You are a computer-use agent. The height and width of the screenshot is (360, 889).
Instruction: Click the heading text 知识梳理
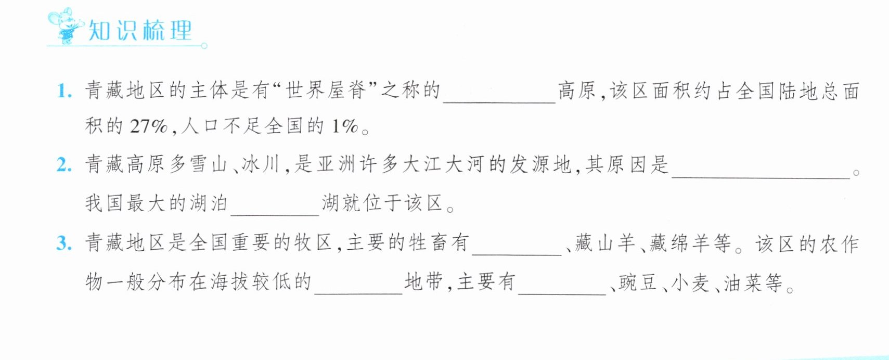point(140,30)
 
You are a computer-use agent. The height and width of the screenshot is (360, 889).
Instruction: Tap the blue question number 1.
point(64,91)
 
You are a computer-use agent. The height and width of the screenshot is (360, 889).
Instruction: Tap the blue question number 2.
point(64,165)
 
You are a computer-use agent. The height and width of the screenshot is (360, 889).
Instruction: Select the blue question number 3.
point(64,243)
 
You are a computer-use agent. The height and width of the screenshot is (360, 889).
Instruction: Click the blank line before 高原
point(499,102)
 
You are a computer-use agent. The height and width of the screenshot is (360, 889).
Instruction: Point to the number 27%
point(148,126)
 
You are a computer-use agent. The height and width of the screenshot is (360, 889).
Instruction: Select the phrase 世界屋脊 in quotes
point(326,90)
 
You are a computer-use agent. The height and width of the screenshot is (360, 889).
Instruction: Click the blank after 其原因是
point(761,177)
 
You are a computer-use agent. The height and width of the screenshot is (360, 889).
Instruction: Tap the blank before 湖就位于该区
point(275,215)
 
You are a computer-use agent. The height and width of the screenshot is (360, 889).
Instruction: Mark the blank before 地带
point(358,293)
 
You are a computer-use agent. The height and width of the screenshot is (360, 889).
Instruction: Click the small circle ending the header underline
point(204,46)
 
